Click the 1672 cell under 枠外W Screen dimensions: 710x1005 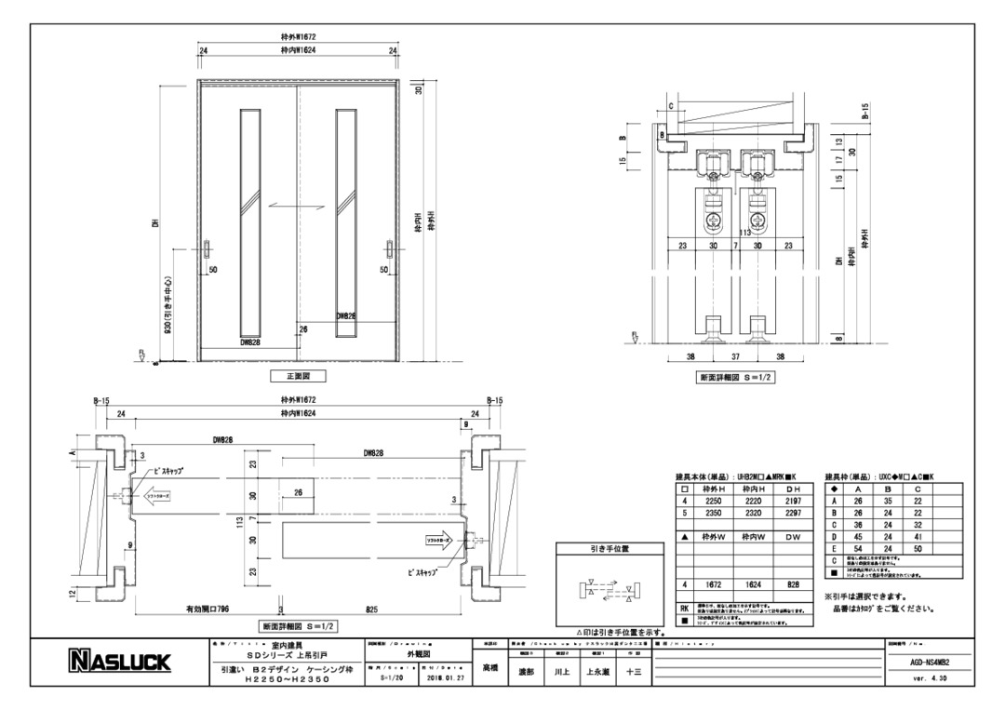[714, 585]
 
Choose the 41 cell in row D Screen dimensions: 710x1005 [918, 537]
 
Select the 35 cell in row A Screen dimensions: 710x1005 [889, 499]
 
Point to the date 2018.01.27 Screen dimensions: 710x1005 [439, 678]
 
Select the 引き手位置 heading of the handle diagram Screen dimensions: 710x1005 [610, 549]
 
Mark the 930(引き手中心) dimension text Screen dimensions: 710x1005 [167, 306]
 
